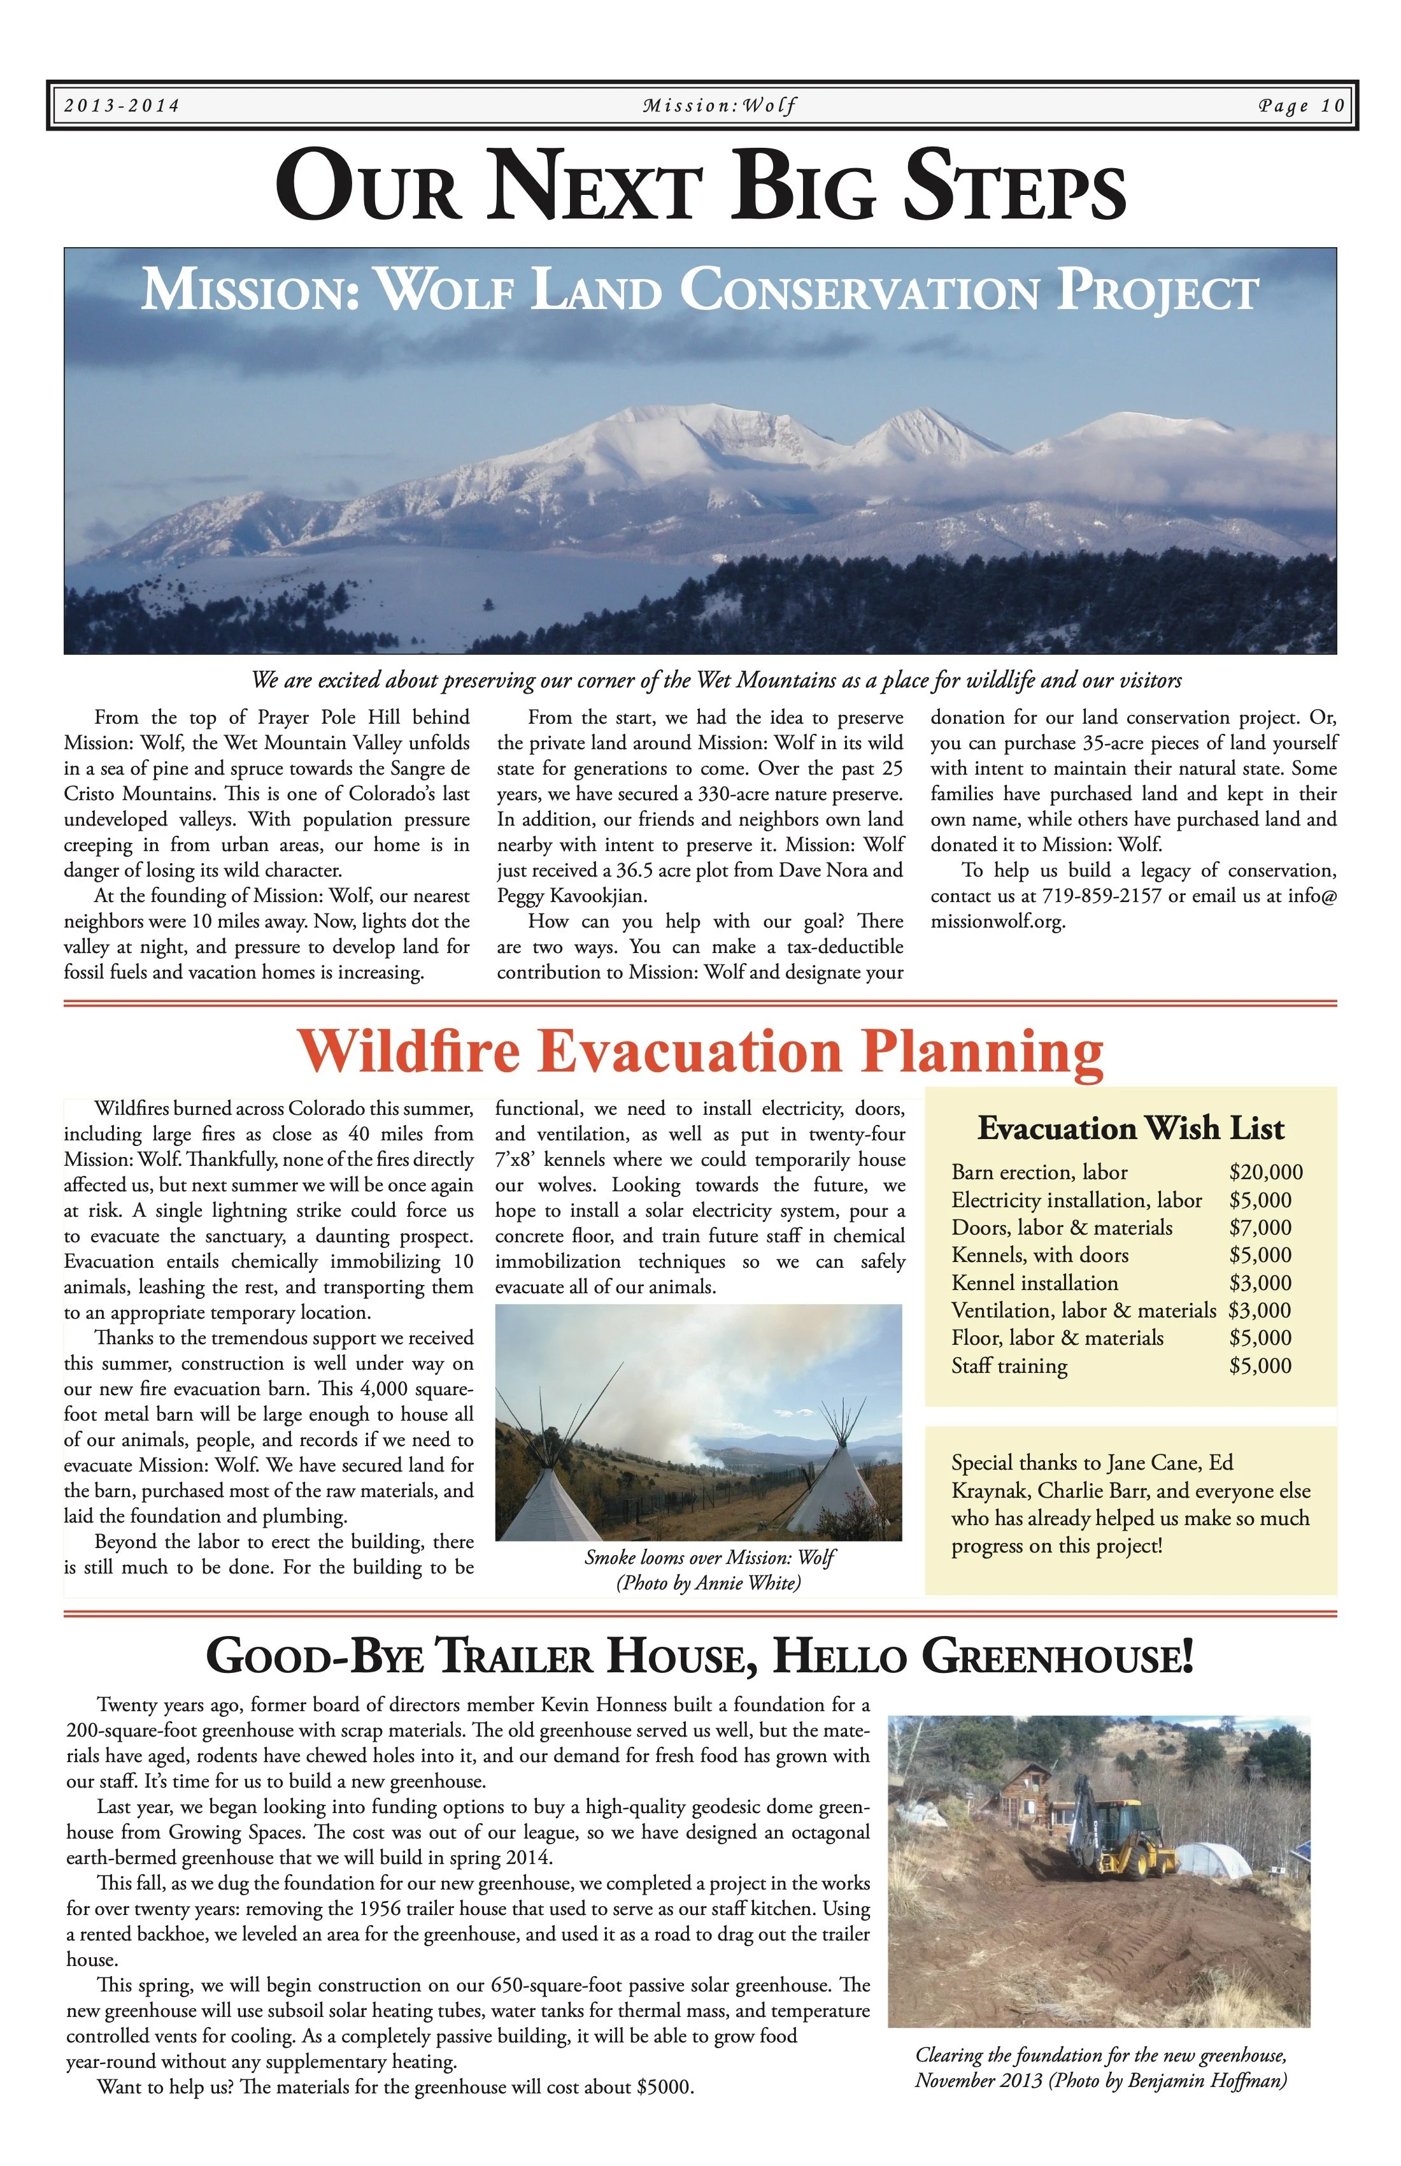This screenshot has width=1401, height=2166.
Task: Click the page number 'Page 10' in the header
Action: (x=1301, y=106)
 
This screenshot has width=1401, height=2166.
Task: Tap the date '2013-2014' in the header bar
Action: (x=122, y=106)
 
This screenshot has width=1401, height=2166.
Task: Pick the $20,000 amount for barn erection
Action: (x=1265, y=1172)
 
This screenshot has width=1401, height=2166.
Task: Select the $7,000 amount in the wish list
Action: (x=1260, y=1228)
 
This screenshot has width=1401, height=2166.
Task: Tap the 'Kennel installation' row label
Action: (x=1034, y=1283)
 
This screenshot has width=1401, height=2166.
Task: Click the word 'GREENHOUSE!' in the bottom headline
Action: (x=1057, y=1656)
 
